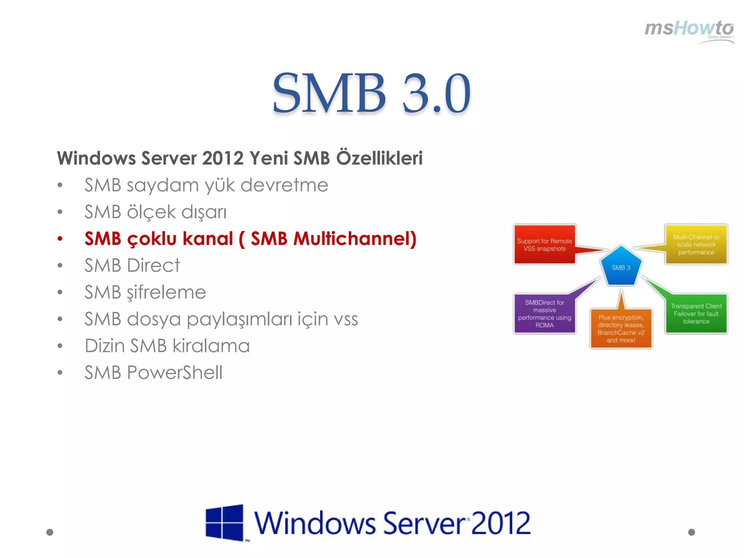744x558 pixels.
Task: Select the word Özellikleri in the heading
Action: coord(379,158)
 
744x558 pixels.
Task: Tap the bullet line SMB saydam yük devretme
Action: coord(206,185)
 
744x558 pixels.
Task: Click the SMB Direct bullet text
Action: coord(132,266)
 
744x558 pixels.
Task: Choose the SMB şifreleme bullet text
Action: coord(145,292)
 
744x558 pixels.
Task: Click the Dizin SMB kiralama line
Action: coord(167,346)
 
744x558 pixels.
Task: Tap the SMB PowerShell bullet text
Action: coord(153,373)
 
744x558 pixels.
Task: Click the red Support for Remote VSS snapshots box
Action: coord(544,244)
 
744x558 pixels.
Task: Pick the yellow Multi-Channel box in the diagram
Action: coord(696,244)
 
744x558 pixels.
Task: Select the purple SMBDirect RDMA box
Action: coord(544,314)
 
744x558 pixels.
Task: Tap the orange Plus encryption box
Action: coord(620,328)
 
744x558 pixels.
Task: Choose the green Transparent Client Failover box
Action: coord(696,314)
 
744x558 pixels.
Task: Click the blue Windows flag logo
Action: coord(224,522)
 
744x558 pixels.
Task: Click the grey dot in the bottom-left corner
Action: coord(50,532)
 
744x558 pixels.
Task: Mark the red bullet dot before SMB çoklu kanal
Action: coord(60,239)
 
